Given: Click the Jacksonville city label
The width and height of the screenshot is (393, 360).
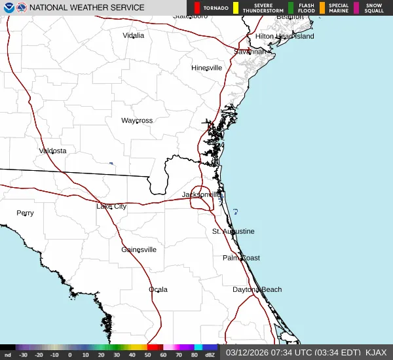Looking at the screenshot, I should click(x=202, y=195).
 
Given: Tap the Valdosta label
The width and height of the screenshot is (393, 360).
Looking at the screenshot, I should click(x=52, y=151).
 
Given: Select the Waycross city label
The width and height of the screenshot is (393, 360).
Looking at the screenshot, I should click(x=137, y=120).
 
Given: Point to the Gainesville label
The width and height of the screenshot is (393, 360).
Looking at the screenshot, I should click(x=139, y=249).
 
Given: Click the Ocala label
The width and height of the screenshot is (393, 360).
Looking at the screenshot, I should click(x=158, y=289).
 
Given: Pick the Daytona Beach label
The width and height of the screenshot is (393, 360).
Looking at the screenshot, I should click(x=257, y=289).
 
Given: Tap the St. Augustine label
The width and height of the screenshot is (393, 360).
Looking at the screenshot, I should click(x=233, y=232).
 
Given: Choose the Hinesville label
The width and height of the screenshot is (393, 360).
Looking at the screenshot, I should click(x=206, y=67).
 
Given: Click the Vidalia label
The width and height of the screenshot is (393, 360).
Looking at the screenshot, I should click(x=134, y=35).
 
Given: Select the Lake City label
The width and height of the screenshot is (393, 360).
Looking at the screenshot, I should click(x=111, y=206).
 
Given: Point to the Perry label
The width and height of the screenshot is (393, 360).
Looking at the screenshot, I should click(x=25, y=213).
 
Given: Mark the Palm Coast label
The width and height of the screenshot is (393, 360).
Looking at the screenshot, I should click(x=241, y=258).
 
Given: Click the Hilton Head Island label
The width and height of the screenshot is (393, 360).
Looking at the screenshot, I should click(x=284, y=36).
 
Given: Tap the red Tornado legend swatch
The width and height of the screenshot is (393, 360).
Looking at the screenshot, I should click(x=197, y=8).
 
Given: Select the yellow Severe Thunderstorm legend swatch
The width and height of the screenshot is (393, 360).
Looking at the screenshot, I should click(x=234, y=8).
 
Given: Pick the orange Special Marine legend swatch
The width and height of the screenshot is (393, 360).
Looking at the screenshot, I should click(x=322, y=8).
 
